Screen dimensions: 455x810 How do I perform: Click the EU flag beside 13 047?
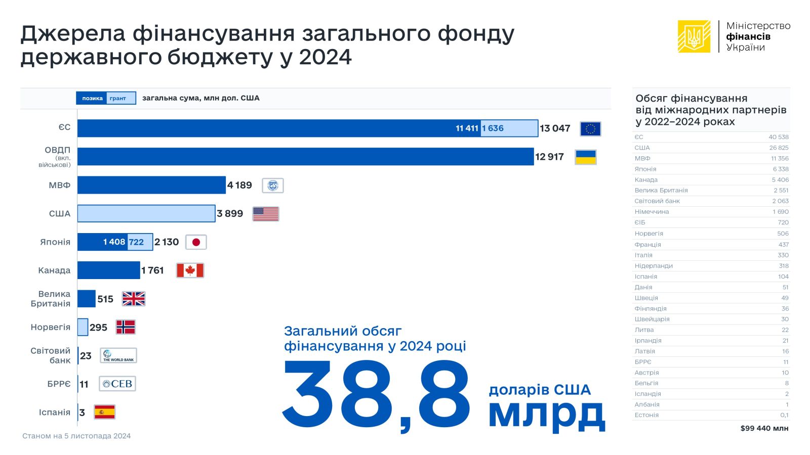pyautogui.click(x=590, y=129)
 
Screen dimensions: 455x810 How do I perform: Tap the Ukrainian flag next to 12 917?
pyautogui.click(x=586, y=157)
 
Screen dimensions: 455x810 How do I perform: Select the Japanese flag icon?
pyautogui.click(x=196, y=242)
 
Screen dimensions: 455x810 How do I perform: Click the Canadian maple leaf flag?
pyautogui.click(x=190, y=270)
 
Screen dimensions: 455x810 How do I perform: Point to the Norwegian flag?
pyautogui.click(x=126, y=327)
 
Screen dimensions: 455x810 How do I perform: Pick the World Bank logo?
pyautogui.click(x=118, y=355)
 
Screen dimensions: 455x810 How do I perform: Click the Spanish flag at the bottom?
pyautogui.click(x=104, y=412)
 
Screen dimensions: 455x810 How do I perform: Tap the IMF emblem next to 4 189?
pyautogui.click(x=273, y=186)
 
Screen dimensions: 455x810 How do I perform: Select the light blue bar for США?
pyautogui.click(x=146, y=213)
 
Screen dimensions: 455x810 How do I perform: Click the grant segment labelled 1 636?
pyautogui.click(x=509, y=128)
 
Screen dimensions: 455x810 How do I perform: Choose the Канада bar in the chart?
pyautogui.click(x=109, y=270)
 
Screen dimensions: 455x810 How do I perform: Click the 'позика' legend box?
pyautogui.click(x=92, y=98)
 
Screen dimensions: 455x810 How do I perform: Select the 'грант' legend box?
pyautogui.click(x=120, y=98)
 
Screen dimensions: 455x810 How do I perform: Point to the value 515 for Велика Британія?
pyautogui.click(x=105, y=299)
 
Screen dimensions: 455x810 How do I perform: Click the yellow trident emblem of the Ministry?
pyautogui.click(x=694, y=36)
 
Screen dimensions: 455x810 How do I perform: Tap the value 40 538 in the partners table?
pyautogui.click(x=778, y=137)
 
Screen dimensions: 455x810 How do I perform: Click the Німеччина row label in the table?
pyautogui.click(x=652, y=212)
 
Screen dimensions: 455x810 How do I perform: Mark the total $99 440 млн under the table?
pyautogui.click(x=764, y=428)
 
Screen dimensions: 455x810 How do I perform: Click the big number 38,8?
pyautogui.click(x=376, y=394)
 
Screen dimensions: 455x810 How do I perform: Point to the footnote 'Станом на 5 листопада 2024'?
pyautogui.click(x=76, y=436)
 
